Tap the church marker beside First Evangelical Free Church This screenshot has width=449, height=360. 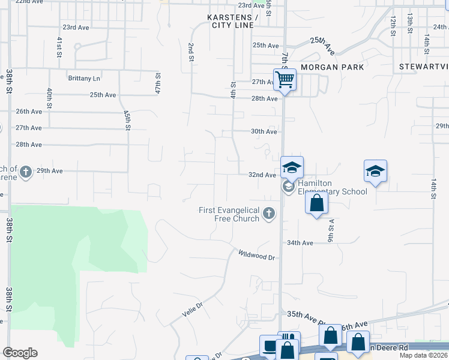point(269,213)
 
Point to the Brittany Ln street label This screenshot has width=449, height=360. point(84,78)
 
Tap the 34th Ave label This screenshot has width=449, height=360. point(300,243)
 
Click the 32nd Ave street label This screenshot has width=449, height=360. point(262,175)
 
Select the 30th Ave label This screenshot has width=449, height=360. point(264,131)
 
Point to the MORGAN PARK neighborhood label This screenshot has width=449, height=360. point(332,67)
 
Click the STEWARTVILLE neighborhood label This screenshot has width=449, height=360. point(423,67)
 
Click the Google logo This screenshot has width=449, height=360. point(20,353)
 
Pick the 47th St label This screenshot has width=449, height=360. point(158,84)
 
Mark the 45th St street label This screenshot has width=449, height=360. point(127,120)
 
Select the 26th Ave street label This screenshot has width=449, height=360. point(29,112)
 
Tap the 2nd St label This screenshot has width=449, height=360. point(191,52)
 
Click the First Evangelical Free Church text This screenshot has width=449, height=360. point(229,214)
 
